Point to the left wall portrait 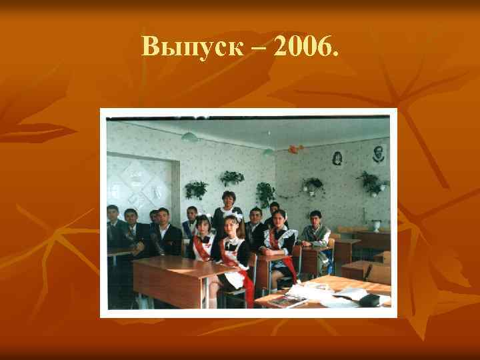pos(337,159)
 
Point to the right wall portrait pos(379,155)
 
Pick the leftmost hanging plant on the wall pos(197,189)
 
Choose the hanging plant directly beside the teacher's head pos(232,178)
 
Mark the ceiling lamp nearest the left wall pos(189,137)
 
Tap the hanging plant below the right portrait pos(370,181)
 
